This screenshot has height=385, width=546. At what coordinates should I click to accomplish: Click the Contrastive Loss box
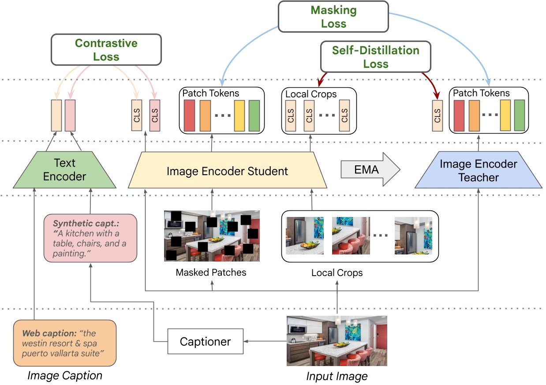pos(106,50)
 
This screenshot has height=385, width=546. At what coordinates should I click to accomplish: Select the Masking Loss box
pos(333,17)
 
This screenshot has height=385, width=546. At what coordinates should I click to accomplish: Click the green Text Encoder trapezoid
pos(65,171)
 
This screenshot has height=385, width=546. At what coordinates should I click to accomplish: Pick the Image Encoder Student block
pos(227,171)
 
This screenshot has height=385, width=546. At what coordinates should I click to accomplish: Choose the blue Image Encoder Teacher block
pos(478,171)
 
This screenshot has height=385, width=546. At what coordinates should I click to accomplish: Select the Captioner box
pos(206,341)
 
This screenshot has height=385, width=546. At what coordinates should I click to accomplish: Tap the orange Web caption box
pos(65,343)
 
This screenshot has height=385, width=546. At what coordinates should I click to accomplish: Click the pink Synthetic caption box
pos(90,238)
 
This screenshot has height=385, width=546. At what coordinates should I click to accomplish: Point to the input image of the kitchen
pos(337,340)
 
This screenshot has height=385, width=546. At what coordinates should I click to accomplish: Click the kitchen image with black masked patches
pos(212,235)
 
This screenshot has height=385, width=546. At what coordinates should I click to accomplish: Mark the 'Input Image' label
pos(337,376)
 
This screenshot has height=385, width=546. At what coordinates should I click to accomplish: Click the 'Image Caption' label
pos(65,375)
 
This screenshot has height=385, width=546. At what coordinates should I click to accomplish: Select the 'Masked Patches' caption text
pos(211,272)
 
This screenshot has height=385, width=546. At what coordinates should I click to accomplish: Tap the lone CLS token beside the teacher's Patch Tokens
pos(437,116)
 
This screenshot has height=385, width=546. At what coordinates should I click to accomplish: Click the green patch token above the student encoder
pos(254,116)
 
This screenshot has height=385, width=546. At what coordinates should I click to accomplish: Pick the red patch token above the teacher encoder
pos(459,116)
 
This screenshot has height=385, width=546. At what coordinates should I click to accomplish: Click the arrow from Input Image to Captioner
pos(265,341)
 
